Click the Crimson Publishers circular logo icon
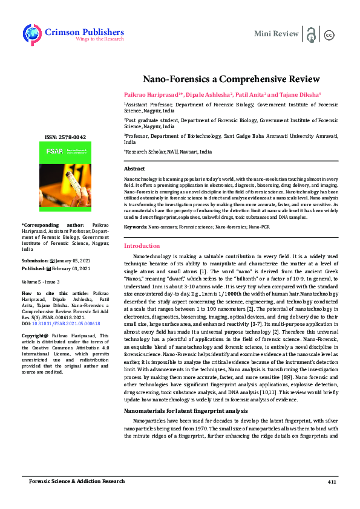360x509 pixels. (32, 34)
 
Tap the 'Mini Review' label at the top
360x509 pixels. (276, 33)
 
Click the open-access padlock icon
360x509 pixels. (311, 33)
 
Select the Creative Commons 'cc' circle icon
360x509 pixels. (330, 34)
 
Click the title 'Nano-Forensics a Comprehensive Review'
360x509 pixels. (223, 79)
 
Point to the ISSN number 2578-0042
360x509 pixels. (68, 137)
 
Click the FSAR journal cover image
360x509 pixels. (67, 179)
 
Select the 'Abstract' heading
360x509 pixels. (134, 169)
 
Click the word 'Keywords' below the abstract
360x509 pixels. (135, 226)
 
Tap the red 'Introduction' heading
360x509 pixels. (142, 246)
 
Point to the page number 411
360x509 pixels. (332, 481)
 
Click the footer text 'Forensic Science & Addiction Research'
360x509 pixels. (77, 481)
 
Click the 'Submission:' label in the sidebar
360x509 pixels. (35, 260)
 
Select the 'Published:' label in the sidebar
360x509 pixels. (34, 268)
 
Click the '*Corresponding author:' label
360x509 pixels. (48, 225)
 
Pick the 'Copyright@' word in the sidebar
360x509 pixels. (35, 336)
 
